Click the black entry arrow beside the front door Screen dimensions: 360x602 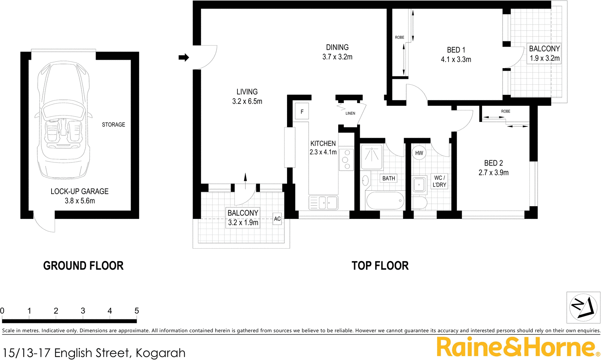coord(184,58)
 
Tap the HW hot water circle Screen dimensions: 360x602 coord(419,153)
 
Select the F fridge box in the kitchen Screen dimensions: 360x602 coord(302,112)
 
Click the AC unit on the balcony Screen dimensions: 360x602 coord(277,219)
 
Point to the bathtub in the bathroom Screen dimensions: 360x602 coord(385,201)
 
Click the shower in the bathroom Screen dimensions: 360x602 coord(372,157)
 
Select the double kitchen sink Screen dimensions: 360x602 coord(324,203)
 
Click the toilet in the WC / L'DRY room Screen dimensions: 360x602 coord(419,203)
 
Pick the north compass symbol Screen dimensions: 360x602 coord(583,307)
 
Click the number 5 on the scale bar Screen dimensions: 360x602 coord(137,311)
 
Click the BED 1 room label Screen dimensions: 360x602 coord(456,50)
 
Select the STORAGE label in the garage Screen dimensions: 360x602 coord(113,125)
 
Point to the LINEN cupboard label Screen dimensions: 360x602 coord(350,113)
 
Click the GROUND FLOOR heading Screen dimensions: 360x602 coord(83,266)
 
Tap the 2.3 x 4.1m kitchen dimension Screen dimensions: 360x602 coord(323,152)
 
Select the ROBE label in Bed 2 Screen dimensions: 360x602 coord(506,111)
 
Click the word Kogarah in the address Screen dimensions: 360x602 coord(160,353)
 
